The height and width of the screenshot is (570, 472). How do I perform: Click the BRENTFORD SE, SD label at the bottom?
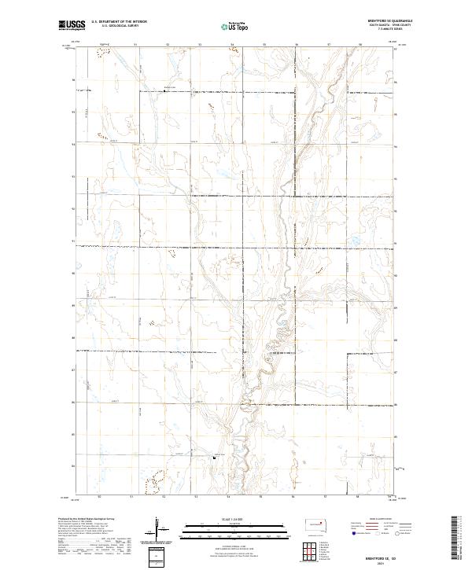(391, 554)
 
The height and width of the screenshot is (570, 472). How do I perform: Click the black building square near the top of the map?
(164, 91)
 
